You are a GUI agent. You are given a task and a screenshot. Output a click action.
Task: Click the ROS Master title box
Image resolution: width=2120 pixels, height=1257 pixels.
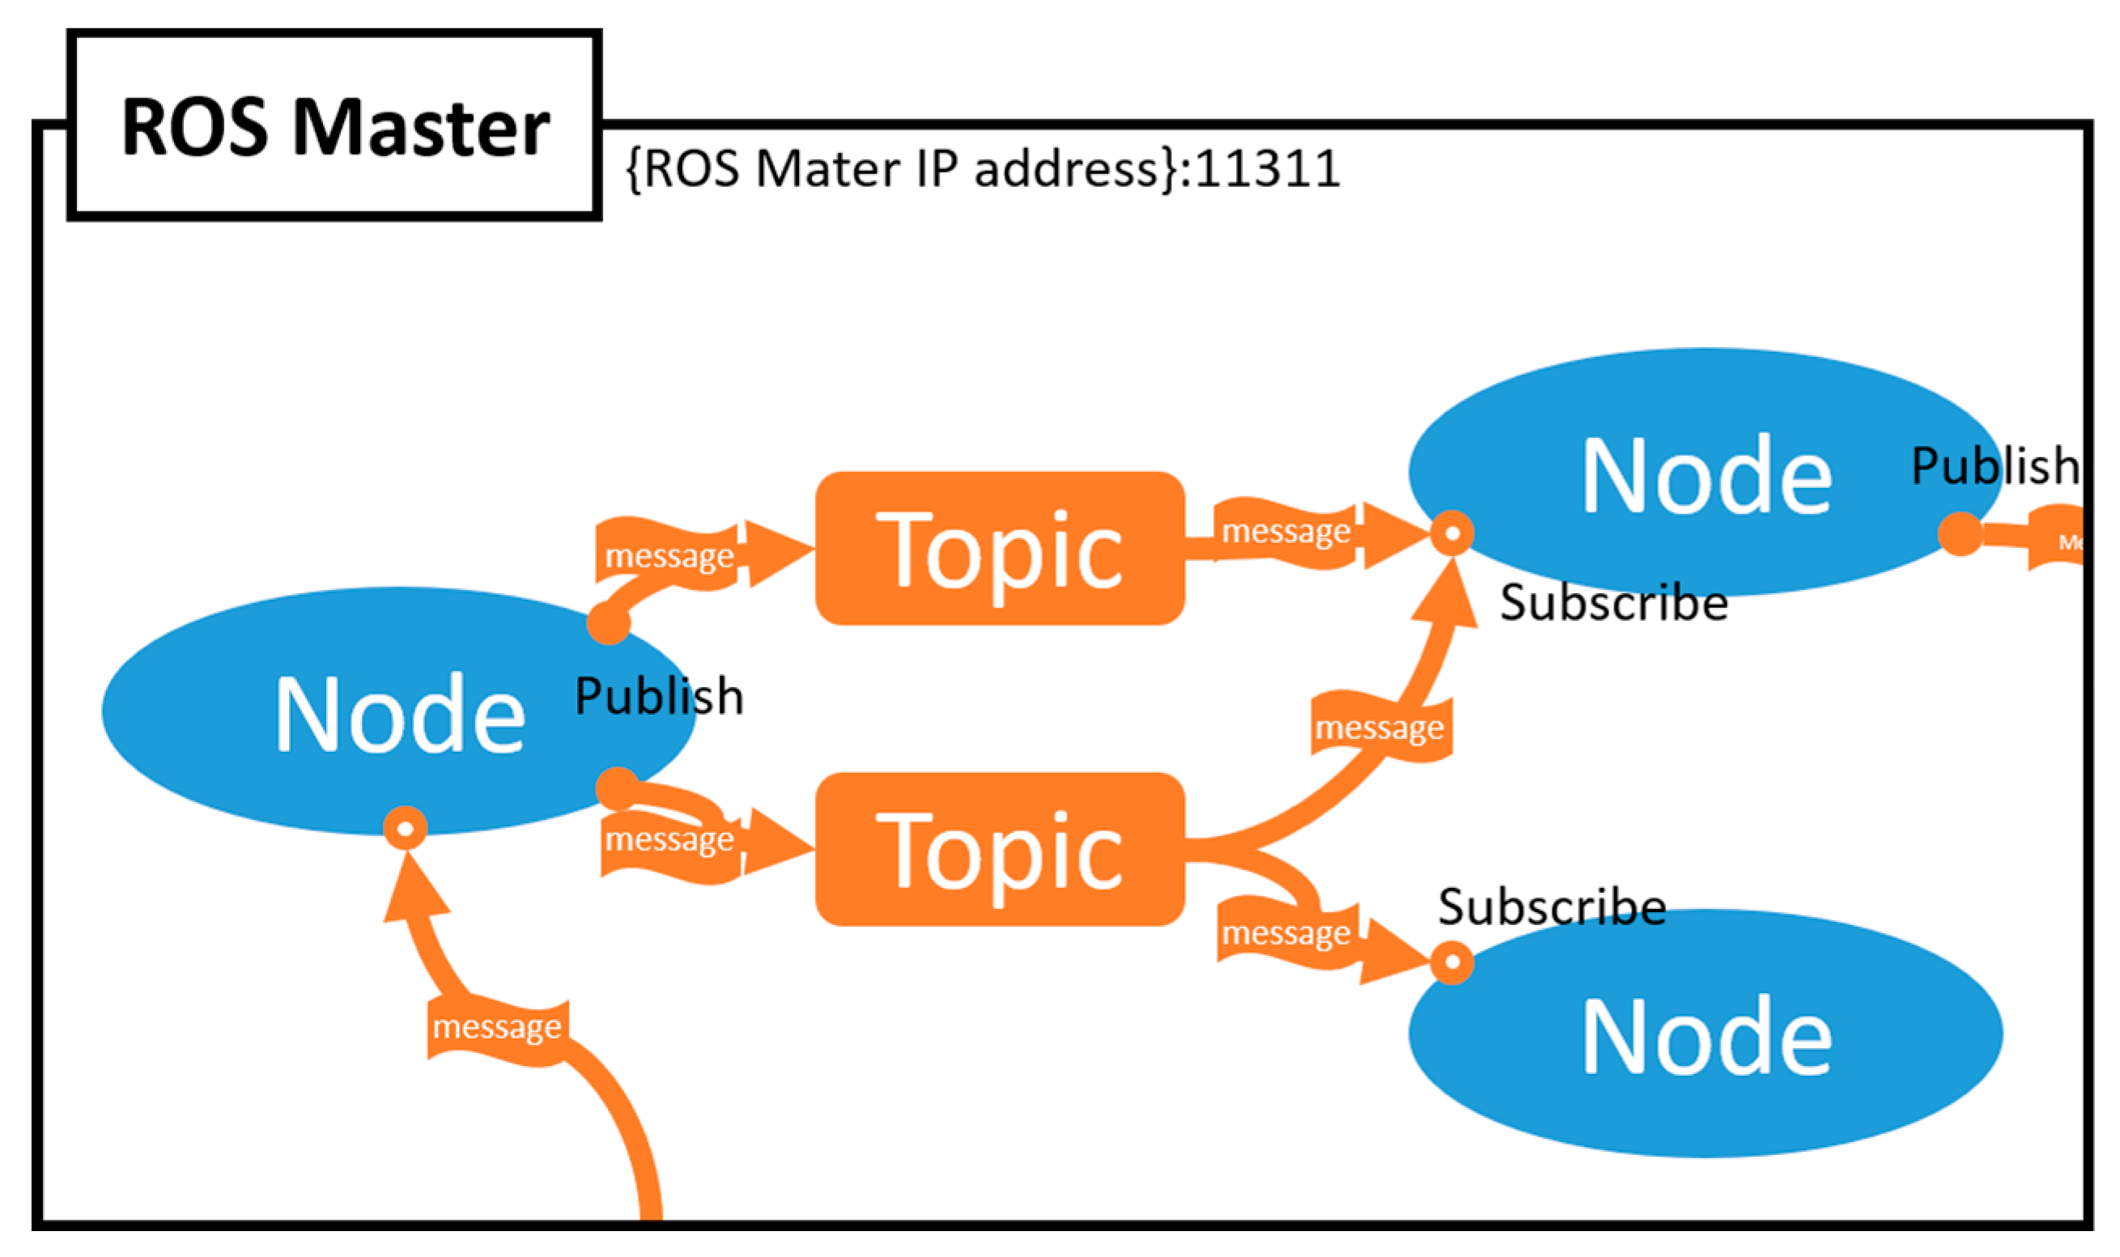[x=334, y=125]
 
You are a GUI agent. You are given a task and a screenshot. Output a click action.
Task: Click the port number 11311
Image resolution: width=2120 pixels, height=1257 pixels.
[x=1268, y=168]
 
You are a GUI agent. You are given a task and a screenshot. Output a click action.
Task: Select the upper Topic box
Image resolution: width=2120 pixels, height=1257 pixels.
[x=999, y=549]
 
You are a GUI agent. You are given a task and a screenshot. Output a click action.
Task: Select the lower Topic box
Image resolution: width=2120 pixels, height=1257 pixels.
[x=999, y=850]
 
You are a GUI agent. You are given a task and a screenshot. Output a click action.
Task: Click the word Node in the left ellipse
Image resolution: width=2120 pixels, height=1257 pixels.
[x=400, y=714]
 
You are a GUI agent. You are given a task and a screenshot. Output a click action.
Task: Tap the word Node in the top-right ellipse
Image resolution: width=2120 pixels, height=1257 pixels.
[x=1706, y=476]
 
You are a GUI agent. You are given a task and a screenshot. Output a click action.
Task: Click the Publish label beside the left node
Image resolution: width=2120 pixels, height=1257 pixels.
[x=659, y=696]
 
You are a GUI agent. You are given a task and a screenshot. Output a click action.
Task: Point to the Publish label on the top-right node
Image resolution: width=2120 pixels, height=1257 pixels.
[x=1995, y=466]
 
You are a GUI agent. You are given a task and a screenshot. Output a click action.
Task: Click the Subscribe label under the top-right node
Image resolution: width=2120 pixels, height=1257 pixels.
[x=1613, y=603]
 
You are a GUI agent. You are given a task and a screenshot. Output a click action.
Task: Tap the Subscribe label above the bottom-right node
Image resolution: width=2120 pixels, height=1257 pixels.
[x=1552, y=907]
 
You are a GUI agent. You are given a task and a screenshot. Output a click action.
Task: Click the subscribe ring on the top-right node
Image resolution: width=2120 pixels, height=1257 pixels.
[x=1451, y=533]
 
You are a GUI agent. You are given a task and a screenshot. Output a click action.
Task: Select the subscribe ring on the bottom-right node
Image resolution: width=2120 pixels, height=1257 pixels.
[x=1451, y=963]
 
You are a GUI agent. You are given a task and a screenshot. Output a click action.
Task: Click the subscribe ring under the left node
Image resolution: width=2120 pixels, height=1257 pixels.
[x=405, y=828]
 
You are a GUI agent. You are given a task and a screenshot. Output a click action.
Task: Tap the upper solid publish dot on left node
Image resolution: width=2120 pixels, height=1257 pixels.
[x=608, y=623]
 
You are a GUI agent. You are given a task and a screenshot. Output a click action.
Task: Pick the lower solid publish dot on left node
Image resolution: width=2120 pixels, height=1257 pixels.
[x=617, y=788]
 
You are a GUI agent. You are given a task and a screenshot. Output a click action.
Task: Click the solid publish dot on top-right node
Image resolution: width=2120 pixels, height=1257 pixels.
[x=1959, y=534]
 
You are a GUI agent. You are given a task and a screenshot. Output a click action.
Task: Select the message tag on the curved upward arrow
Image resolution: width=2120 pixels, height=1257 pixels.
[x=1379, y=728]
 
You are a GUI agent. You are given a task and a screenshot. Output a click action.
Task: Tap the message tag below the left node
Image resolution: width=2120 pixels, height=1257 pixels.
[x=497, y=1027]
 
